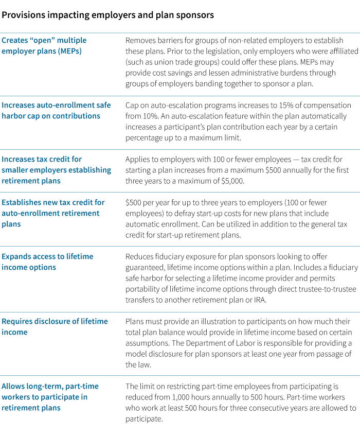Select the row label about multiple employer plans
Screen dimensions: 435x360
(44, 45)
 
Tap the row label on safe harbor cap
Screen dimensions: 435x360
(56, 110)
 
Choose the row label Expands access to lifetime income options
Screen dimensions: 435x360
(47, 262)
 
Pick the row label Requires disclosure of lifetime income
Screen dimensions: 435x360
(55, 326)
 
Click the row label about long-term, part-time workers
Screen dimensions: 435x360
(50, 396)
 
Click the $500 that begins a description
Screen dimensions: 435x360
(134, 202)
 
